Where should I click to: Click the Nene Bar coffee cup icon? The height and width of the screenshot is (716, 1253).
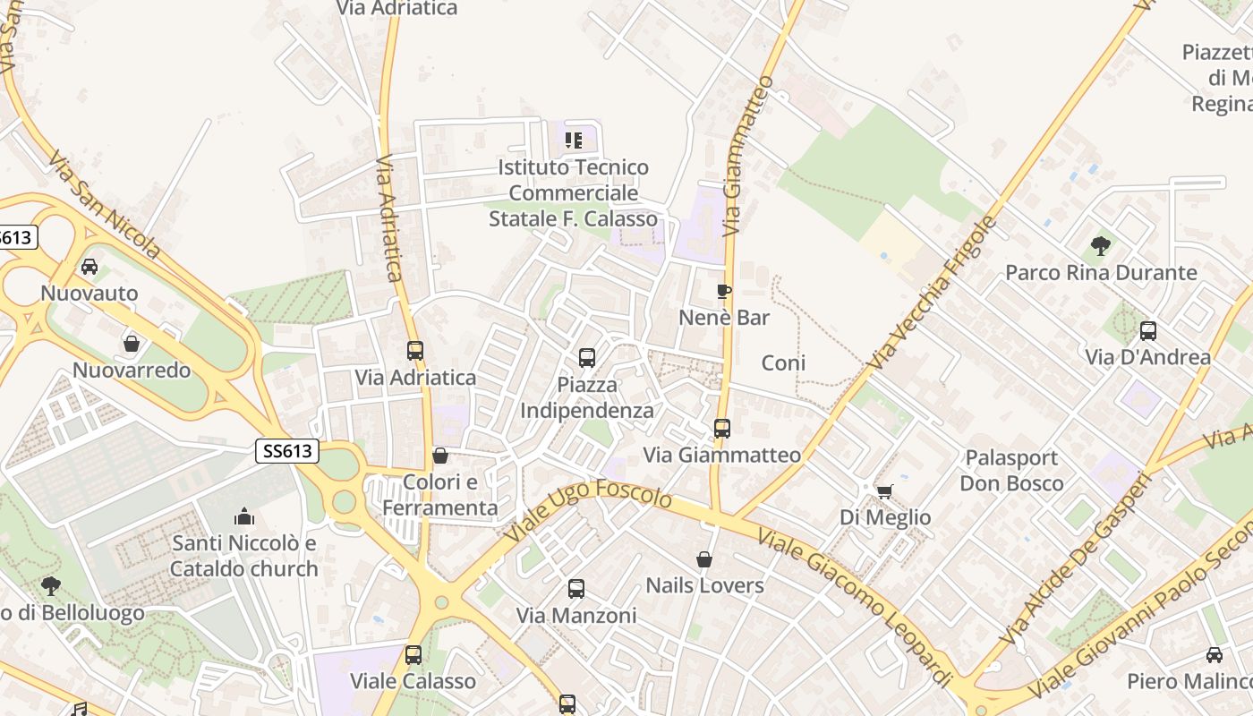point(724,292)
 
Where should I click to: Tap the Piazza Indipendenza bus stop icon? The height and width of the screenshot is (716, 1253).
point(587,358)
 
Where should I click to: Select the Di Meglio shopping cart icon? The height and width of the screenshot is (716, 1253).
point(884,491)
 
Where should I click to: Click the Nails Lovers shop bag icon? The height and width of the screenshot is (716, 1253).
point(705,559)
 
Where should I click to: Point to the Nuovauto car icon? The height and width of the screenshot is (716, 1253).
point(89,267)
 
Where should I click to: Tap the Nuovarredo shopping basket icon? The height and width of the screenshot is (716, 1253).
point(132,344)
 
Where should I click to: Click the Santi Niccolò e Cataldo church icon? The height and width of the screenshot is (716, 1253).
point(243,516)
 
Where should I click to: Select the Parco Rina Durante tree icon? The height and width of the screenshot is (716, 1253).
point(1101,246)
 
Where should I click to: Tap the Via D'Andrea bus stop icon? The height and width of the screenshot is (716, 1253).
point(1148,331)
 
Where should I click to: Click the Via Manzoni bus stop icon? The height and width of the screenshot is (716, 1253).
point(576,589)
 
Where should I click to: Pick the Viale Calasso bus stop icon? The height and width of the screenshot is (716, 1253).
point(413,655)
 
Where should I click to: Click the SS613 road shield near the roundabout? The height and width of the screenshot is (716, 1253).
point(287,451)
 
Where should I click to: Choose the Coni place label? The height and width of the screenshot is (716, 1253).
point(783,362)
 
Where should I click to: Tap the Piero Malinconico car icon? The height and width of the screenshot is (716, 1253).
point(1215,655)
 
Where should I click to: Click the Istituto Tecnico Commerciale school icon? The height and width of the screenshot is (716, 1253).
point(574,141)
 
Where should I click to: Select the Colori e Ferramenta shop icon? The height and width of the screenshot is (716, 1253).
point(439,456)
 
